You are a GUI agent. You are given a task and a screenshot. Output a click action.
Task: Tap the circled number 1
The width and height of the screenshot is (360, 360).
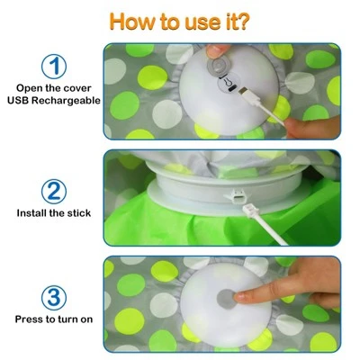[55, 67]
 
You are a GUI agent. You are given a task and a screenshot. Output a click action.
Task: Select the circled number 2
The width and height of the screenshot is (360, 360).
[55, 190]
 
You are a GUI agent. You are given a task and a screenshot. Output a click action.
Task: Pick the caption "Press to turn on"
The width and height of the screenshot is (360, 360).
[54, 319]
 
